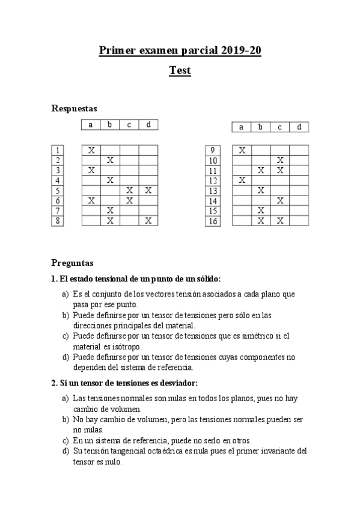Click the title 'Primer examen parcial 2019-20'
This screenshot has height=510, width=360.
click(x=180, y=51)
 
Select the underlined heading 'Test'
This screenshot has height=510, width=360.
click(x=180, y=70)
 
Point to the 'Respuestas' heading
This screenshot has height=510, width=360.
click(x=75, y=108)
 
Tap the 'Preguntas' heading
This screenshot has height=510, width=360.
click(x=72, y=263)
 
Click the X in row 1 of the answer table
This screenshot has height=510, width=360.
click(x=91, y=150)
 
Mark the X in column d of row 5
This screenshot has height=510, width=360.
click(x=148, y=190)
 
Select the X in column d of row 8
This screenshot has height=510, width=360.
click(x=148, y=221)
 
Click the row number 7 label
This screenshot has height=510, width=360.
click(x=58, y=210)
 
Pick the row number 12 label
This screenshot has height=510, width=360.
click(x=212, y=180)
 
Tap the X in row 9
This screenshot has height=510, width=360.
click(x=242, y=150)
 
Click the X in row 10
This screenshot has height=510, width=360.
click(x=280, y=160)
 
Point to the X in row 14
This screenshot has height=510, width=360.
click(x=280, y=200)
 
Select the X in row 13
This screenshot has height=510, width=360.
click(x=261, y=190)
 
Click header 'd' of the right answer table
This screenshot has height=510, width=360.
click(x=299, y=127)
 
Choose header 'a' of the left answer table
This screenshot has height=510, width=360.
click(x=91, y=125)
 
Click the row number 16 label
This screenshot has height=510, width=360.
click(x=212, y=221)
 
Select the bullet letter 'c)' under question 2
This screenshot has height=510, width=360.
click(x=66, y=440)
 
